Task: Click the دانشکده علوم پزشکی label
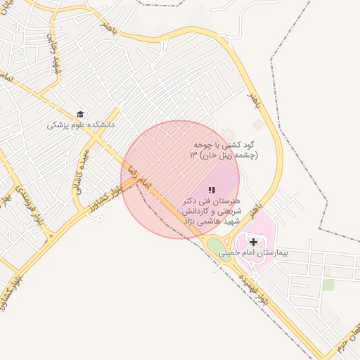[x=80, y=124]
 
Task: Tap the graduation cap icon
[x=81, y=114]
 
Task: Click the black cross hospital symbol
[x=253, y=242]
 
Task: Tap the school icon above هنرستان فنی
[x=212, y=190]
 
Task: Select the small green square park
[x=328, y=285]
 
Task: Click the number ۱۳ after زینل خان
[x=193, y=155]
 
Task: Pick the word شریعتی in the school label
[x=231, y=211]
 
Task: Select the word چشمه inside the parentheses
[x=246, y=155]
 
